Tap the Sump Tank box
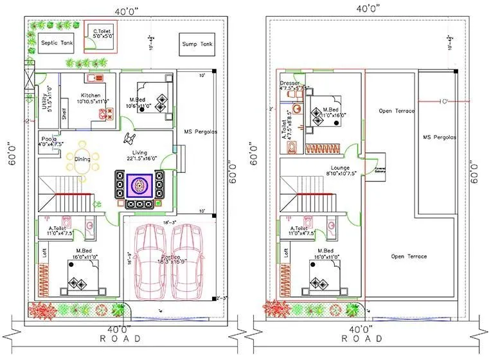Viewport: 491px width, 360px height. point(196,44)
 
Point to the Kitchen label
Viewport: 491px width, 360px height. point(91,95)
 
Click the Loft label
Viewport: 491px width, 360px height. point(44,253)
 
